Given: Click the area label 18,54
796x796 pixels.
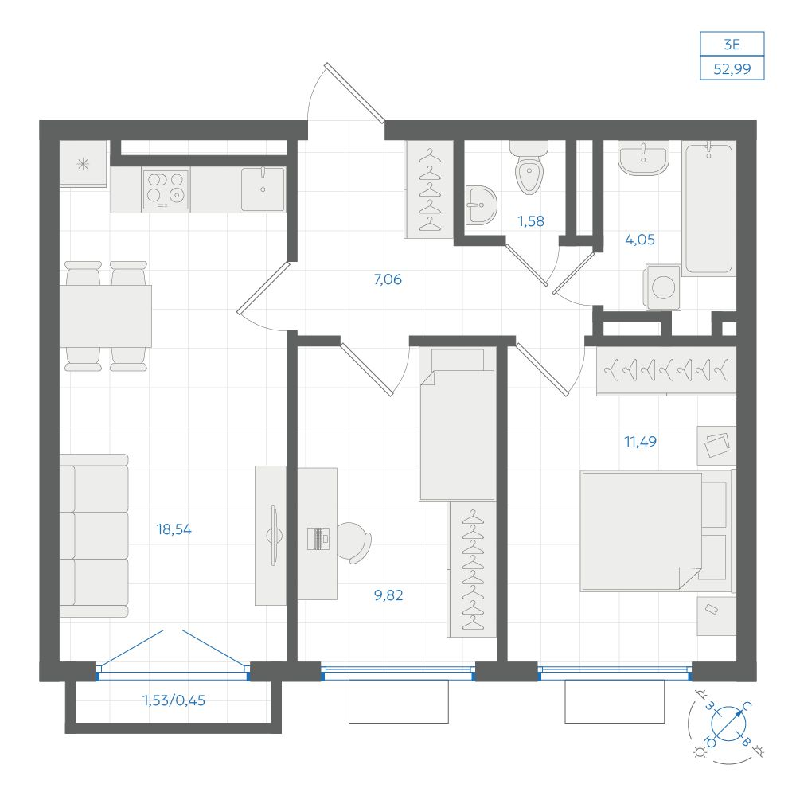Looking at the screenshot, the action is click(x=174, y=529).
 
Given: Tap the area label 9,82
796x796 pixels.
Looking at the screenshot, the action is click(x=388, y=595).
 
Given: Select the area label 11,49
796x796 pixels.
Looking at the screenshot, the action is click(x=640, y=442).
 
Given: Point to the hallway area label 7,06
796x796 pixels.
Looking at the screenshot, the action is click(x=388, y=279).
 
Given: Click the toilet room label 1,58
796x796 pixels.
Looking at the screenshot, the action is click(x=530, y=221).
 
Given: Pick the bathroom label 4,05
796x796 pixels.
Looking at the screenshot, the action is click(x=640, y=240).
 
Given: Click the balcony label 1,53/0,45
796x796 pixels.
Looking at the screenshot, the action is click(x=174, y=700).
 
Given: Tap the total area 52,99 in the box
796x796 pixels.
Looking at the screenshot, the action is click(x=732, y=68).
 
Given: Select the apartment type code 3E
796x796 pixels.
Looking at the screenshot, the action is click(x=732, y=45).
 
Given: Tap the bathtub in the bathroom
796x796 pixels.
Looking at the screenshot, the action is click(x=709, y=208).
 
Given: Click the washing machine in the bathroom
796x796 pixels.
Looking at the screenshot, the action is click(x=663, y=287).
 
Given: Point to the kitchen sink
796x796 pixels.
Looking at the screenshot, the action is click(x=263, y=189).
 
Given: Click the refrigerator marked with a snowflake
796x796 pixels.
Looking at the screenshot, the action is click(x=84, y=164).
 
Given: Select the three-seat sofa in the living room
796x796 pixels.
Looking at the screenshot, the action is click(x=95, y=536).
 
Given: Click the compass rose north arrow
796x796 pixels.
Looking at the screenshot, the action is click(x=728, y=724).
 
